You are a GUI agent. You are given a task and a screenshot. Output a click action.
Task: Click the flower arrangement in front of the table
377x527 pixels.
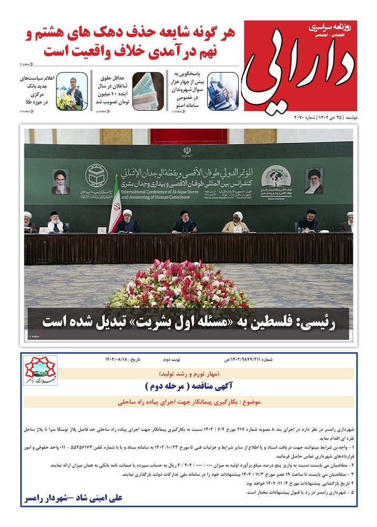coord(179,285)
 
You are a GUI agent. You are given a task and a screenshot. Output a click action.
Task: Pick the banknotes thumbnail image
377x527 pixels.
coord(148,91)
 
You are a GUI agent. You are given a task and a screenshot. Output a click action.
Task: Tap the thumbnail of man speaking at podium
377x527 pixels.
coord(72,91)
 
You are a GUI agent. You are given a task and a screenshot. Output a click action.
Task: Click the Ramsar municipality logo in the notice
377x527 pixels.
coord(40,370)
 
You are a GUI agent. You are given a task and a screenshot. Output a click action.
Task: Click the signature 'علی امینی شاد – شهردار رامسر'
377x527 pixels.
coord(73,497)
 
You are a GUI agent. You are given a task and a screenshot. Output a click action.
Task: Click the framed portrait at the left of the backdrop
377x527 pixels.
coord(61,181)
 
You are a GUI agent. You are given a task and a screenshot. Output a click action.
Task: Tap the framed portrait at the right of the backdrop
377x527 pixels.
coord(314,181)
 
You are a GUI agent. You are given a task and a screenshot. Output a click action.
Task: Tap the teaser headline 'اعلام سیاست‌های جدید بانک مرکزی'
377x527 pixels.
coord(33,90)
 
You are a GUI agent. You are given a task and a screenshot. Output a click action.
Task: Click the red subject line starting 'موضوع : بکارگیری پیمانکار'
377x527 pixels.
coord(190,402)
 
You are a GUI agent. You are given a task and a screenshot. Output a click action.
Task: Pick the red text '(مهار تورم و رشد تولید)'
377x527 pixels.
coord(190,373)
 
